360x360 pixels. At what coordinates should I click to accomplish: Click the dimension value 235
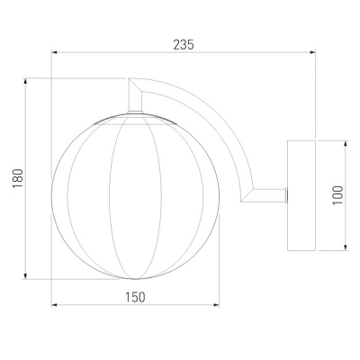click(184, 45)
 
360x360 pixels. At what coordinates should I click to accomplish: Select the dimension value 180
click(18, 178)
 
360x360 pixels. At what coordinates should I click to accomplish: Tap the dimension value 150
click(135, 297)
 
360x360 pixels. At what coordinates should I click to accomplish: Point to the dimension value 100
click(337, 195)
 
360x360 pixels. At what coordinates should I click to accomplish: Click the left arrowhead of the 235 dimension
click(54, 52)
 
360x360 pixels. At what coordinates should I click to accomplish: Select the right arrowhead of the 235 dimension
click(313, 52)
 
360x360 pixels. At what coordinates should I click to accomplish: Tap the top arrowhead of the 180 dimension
click(25, 81)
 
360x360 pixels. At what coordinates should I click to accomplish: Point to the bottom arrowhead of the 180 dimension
click(25, 276)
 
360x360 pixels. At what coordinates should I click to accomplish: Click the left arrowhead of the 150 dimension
click(54, 305)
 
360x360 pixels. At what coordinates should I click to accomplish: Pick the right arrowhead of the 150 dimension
click(216, 305)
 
